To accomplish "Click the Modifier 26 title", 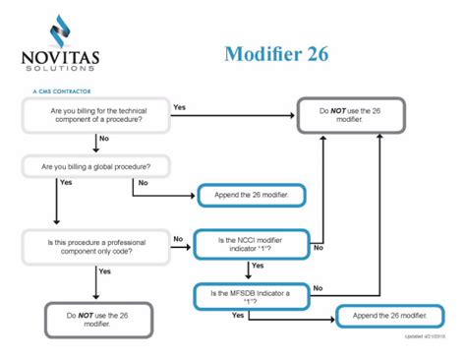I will (283, 52).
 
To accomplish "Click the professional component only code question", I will (94, 244).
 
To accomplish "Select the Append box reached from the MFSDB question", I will (387, 317).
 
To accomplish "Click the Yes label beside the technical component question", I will (180, 106).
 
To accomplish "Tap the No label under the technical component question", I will (102, 140).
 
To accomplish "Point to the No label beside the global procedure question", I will (144, 182).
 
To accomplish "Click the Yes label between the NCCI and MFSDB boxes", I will (258, 266).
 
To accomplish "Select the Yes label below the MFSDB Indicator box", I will (238, 315).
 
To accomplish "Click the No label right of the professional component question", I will (178, 238).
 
